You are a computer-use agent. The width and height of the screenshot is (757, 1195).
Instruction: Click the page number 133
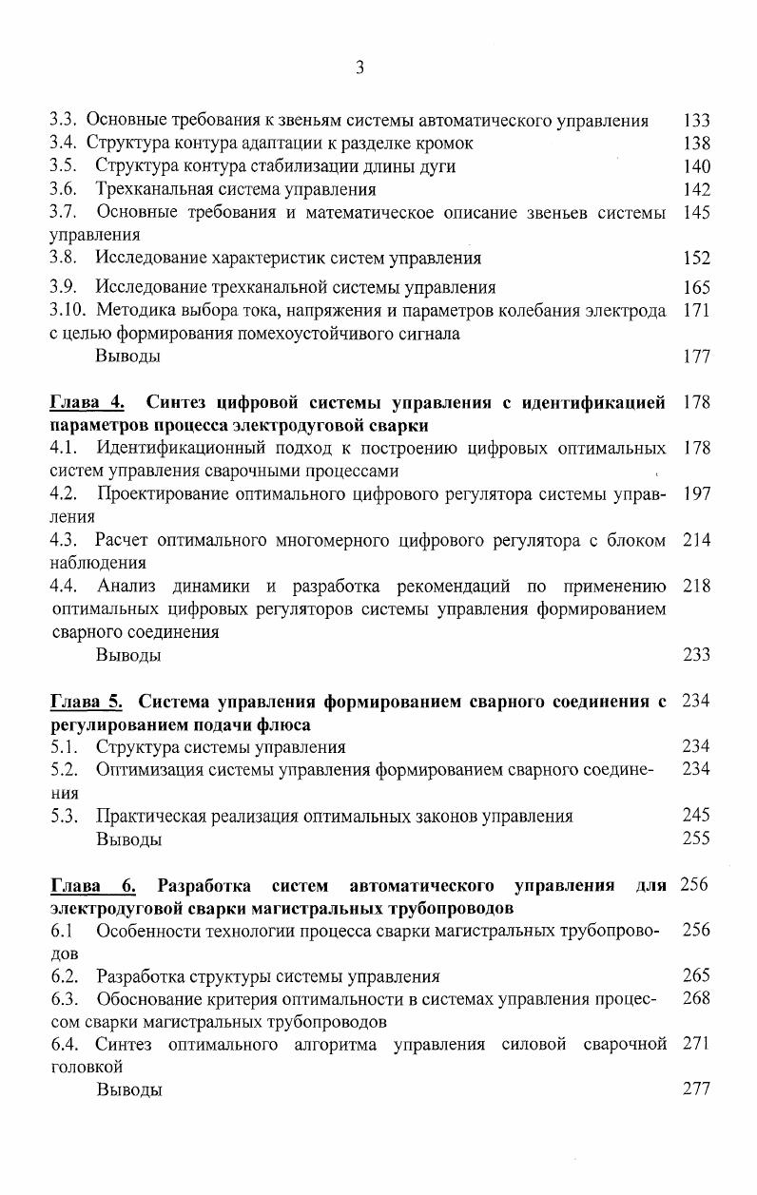point(696,121)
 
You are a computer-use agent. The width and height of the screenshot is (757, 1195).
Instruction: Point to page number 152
point(696,258)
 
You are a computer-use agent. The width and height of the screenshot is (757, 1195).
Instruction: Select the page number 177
point(696,357)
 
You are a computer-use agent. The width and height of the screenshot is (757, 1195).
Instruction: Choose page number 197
point(696,494)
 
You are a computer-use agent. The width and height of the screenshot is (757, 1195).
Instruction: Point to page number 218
point(696,587)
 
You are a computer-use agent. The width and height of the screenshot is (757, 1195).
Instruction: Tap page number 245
point(696,815)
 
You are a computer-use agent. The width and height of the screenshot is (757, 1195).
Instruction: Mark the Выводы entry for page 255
point(128,838)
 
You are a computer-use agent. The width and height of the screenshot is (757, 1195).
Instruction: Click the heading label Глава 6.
point(92,887)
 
